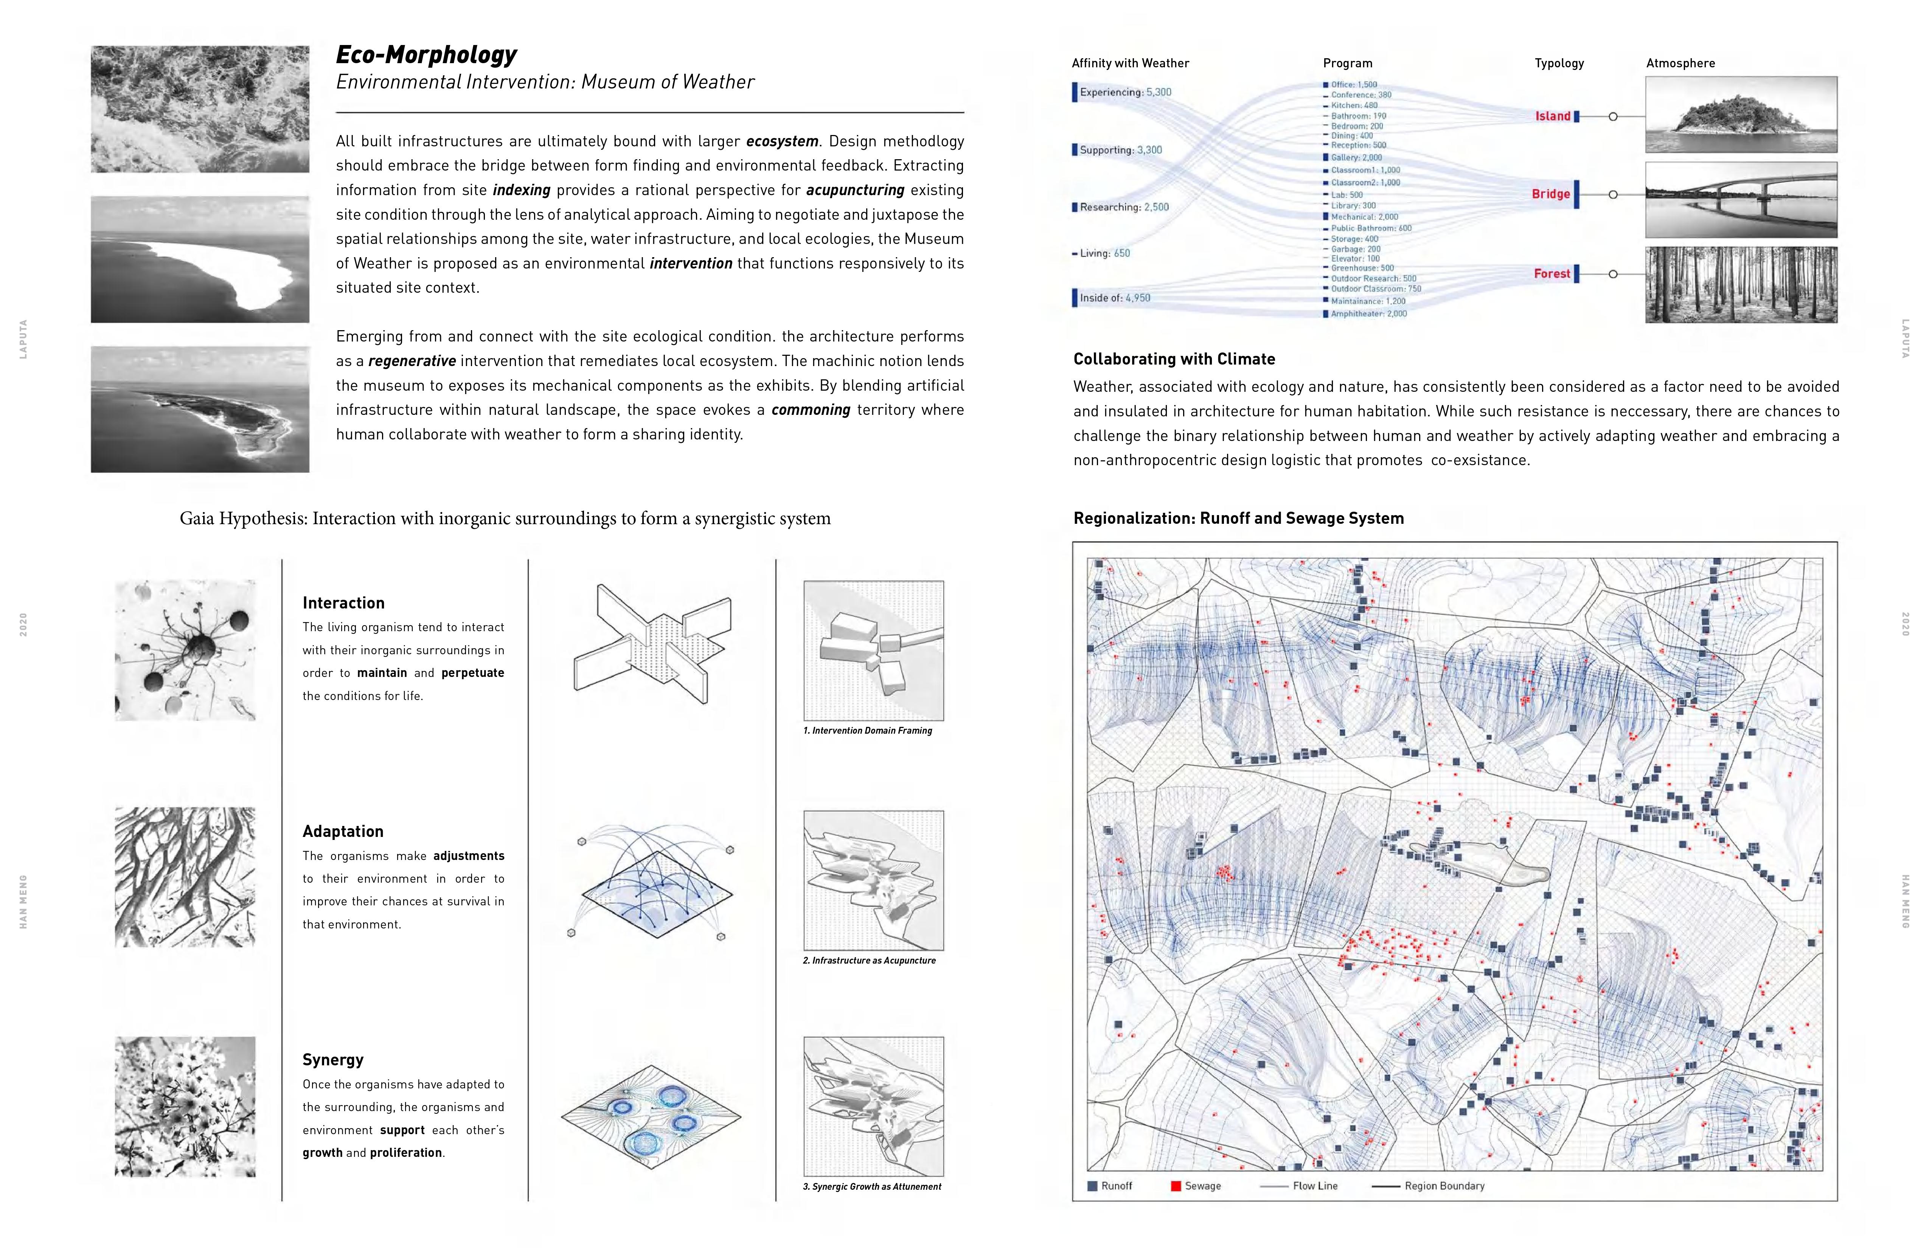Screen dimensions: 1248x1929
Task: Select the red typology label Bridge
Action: pyautogui.click(x=1550, y=194)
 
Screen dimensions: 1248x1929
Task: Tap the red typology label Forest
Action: pyautogui.click(x=1551, y=274)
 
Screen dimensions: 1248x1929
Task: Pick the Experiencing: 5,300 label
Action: pyautogui.click(x=1125, y=92)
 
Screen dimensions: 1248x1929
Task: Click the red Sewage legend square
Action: pyautogui.click(x=1175, y=1186)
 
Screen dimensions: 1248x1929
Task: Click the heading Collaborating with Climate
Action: pyautogui.click(x=1174, y=359)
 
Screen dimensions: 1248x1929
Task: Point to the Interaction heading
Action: pyautogui.click(x=344, y=603)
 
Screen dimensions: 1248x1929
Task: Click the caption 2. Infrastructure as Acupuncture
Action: pyautogui.click(x=869, y=960)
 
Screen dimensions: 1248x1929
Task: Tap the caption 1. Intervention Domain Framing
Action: pyautogui.click(x=867, y=730)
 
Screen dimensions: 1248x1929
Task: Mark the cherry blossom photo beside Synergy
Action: pyautogui.click(x=185, y=1106)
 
